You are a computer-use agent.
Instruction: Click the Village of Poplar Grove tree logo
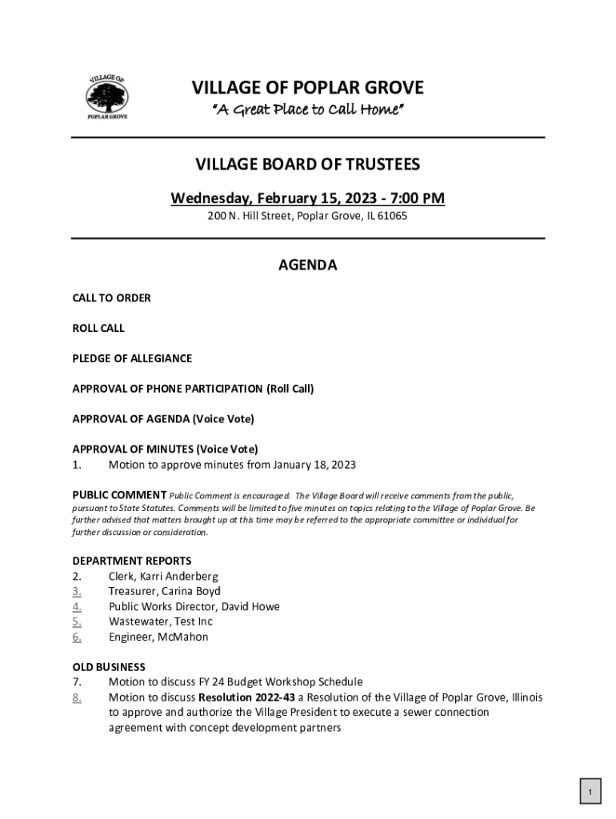coord(107,98)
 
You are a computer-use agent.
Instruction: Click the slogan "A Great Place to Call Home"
coord(307,110)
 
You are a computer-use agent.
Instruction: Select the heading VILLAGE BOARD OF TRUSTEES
coord(308,165)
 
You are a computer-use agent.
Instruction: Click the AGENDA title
coord(307,266)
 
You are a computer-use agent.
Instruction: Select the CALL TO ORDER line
coord(112,298)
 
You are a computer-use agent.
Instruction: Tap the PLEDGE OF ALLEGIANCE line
coord(132,358)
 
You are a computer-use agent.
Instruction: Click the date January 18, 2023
coord(314,465)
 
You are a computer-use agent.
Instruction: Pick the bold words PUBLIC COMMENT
coord(119,496)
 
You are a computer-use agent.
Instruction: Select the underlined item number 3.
coord(77,591)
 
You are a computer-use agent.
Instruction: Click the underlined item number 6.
coord(77,637)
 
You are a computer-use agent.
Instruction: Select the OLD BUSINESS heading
coord(109,667)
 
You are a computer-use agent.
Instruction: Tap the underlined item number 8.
coord(77,697)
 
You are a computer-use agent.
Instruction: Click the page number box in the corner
coord(589,793)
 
